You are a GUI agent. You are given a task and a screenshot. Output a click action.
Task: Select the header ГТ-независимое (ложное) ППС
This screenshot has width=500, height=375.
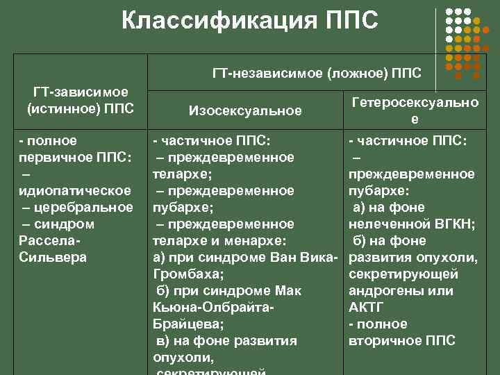click(x=321, y=72)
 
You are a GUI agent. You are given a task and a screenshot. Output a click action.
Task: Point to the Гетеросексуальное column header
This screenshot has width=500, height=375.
click(x=415, y=110)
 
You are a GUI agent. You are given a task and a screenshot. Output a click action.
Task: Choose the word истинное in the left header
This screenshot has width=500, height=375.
click(x=59, y=108)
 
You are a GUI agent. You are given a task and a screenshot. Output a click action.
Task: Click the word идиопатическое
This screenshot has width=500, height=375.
click(x=76, y=191)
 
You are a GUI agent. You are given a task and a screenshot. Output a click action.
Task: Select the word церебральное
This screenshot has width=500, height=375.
click(x=86, y=208)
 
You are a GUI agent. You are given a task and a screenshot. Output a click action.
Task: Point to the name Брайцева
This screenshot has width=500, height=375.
click(x=185, y=324)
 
